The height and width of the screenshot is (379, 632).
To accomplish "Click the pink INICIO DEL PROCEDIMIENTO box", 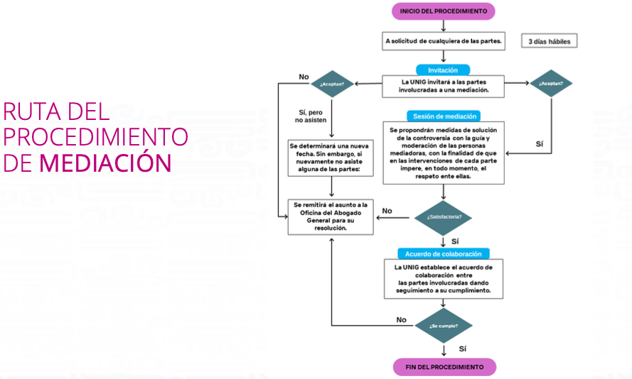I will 443,11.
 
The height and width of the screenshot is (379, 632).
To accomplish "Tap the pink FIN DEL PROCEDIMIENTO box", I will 444,367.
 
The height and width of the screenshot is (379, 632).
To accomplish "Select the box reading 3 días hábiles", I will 549,41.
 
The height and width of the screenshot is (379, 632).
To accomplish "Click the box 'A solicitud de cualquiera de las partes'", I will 444,41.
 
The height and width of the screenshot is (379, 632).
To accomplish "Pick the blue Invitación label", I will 443,70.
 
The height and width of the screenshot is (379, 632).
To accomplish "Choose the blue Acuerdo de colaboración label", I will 443,253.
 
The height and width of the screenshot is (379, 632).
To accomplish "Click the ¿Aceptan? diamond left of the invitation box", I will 332,84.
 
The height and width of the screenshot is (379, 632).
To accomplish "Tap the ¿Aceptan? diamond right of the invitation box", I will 552,84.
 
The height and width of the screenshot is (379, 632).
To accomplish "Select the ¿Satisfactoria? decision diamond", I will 443,217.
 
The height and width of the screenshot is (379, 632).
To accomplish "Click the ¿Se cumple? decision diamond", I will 443,326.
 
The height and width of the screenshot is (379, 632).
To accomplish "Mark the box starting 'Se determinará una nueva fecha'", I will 331,158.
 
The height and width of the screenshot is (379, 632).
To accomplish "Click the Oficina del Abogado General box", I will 331,216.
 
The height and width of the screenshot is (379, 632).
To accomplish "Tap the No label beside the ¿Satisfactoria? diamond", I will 387,211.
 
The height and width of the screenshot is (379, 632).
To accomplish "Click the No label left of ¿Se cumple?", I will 401,319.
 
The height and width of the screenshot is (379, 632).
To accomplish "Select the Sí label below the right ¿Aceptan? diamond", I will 539,144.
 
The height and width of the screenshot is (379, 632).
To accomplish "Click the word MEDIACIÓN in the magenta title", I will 106,163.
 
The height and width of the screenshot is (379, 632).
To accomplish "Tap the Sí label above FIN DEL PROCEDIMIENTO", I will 463,348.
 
